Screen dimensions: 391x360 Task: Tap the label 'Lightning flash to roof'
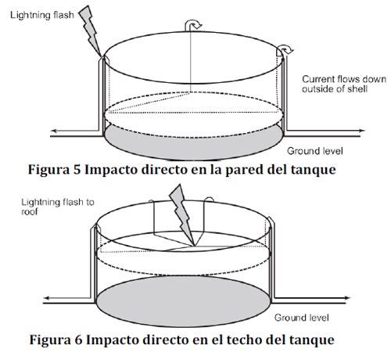pos(58,207)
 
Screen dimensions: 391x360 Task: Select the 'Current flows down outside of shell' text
pos(344,84)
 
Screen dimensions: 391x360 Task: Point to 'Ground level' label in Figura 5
pos(315,151)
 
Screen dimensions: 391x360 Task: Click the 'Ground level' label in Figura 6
pos(301,318)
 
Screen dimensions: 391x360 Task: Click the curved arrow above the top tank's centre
pos(193,24)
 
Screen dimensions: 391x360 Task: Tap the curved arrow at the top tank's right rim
pos(285,49)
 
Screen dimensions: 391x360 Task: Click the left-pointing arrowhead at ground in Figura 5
pos(54,131)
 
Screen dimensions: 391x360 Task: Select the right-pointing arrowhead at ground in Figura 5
pos(362,131)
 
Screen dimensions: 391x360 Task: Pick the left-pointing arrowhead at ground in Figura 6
pos(47,298)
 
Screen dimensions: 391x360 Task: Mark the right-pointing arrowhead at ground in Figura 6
pos(347,298)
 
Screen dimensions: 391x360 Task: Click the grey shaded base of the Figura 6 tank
pos(183,301)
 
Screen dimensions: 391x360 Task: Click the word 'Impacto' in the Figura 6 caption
pos(111,340)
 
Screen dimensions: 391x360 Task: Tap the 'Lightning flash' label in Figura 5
pos(42,16)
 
